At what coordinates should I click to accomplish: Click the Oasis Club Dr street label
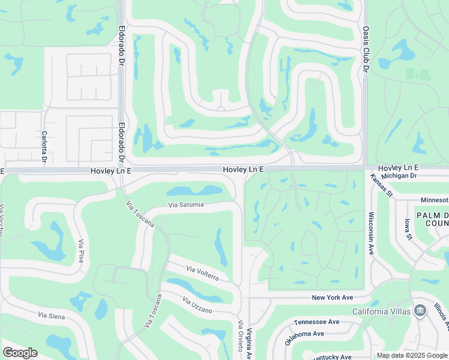365,50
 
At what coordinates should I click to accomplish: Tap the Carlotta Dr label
44,146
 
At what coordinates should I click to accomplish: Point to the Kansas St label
381,185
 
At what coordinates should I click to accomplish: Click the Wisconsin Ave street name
371,233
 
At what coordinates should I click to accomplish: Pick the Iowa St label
409,229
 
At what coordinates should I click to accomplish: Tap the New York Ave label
333,298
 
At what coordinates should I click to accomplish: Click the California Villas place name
381,311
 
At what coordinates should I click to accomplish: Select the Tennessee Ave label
317,322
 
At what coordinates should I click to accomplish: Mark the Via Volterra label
202,274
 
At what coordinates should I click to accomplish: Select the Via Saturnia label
186,205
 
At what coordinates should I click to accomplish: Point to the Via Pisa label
80,251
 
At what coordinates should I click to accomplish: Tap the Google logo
20,353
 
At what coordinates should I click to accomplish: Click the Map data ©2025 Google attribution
412,356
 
